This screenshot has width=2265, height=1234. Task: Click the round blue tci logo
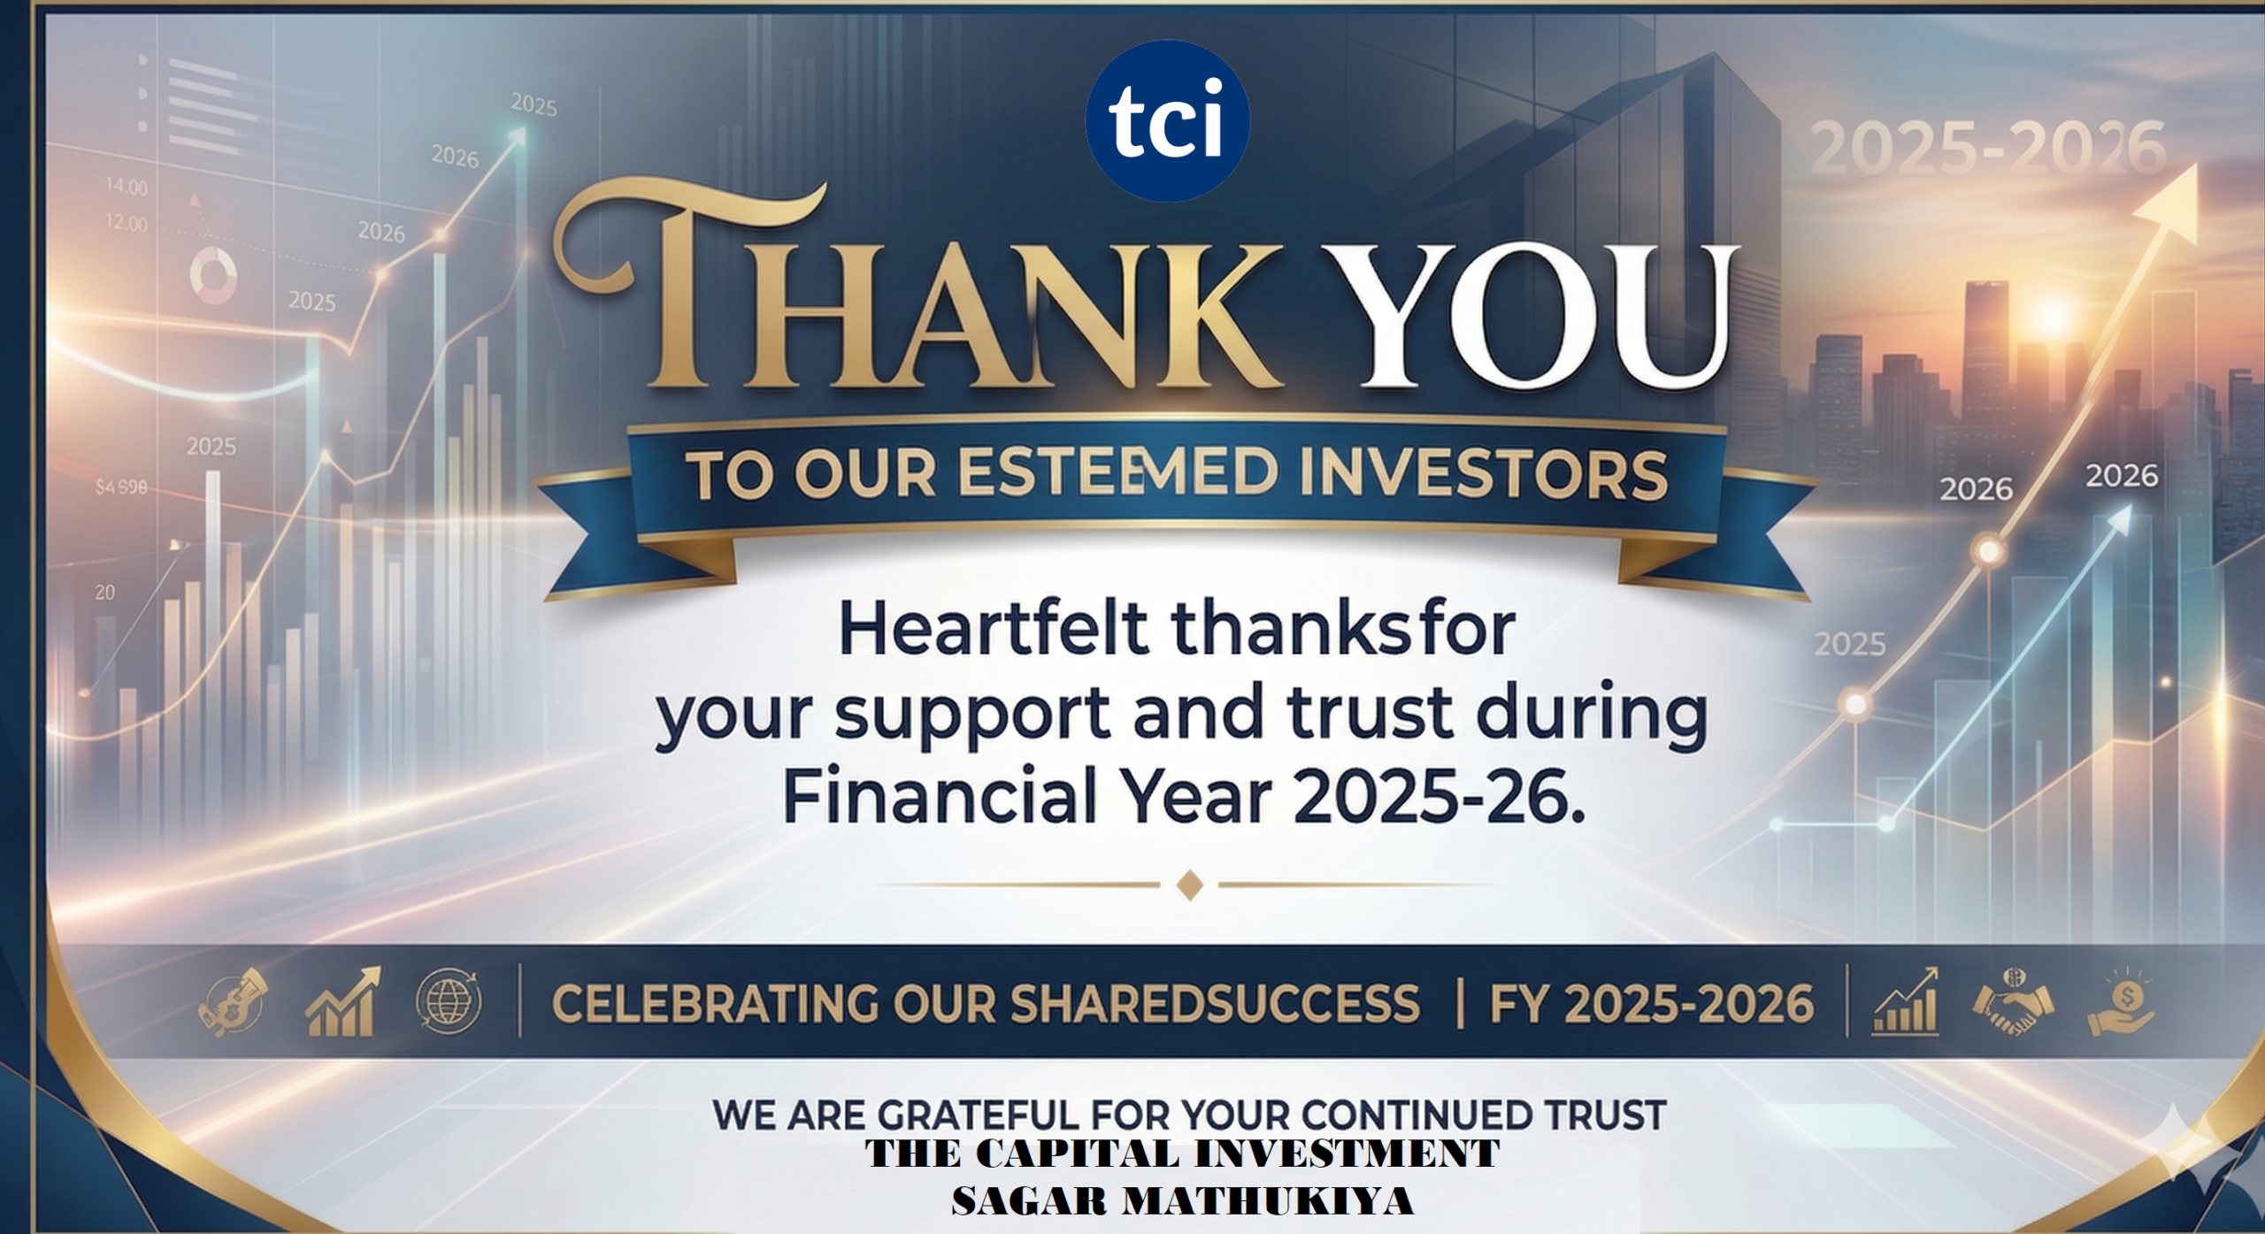[x=1167, y=120]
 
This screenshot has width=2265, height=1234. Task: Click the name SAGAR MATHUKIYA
[x=1182, y=1200]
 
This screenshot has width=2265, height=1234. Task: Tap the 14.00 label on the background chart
[x=126, y=187]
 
